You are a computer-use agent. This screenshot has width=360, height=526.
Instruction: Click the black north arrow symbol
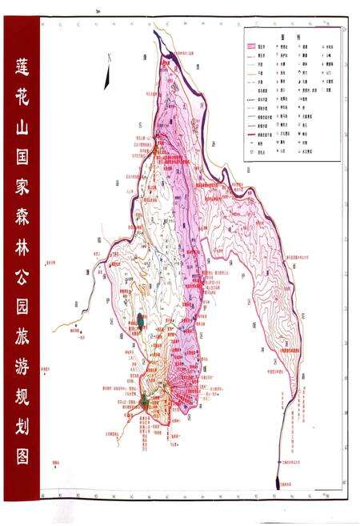pos(106,78)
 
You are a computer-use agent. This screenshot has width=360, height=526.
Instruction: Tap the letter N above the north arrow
pos(109,58)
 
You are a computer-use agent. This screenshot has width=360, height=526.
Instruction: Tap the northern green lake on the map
pos(141,320)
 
